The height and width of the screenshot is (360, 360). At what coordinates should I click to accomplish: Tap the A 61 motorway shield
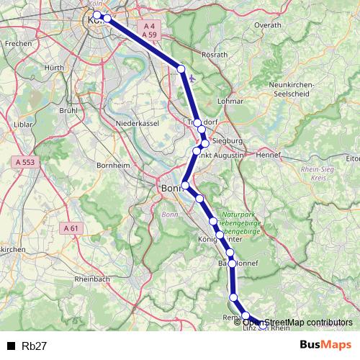[x=71, y=228]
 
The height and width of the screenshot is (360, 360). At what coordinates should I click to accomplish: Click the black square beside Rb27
[x=12, y=346]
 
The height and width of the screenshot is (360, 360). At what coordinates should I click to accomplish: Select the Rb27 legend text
[x=35, y=346]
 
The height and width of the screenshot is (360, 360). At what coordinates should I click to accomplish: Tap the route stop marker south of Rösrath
[x=181, y=69]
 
